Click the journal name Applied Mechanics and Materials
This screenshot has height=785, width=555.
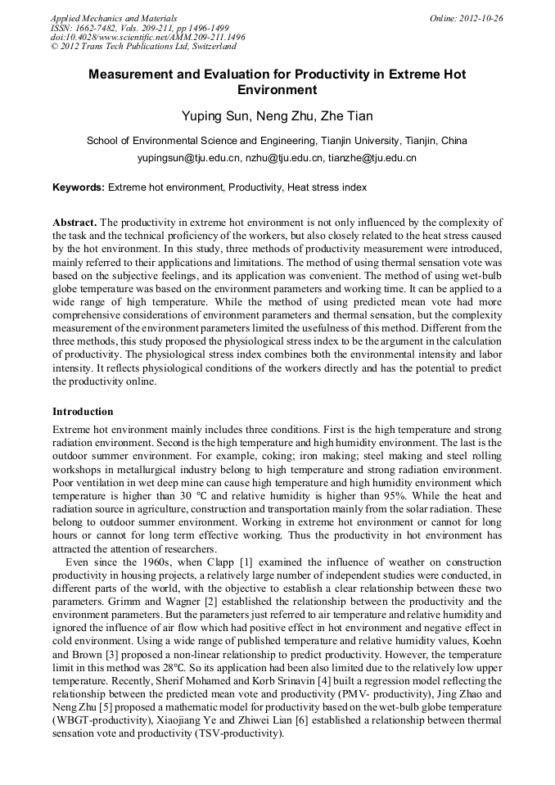click(x=114, y=18)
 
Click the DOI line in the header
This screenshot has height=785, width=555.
click(x=147, y=38)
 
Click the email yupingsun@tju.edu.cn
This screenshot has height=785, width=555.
click(x=188, y=158)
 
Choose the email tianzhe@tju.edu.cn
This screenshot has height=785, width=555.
click(x=372, y=158)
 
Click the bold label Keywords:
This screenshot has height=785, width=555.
click(x=79, y=187)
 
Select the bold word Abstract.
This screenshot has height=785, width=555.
click(x=74, y=223)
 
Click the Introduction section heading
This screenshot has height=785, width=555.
click(x=83, y=411)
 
